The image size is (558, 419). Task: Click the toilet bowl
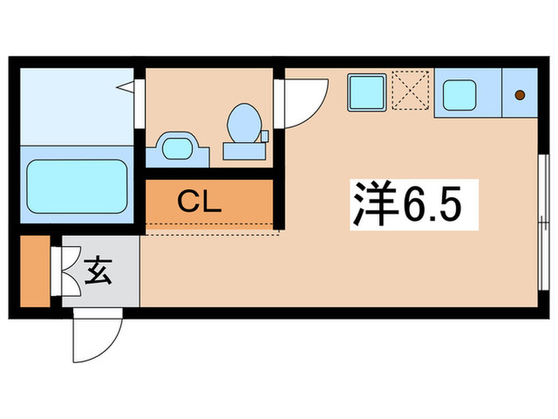coord(242,125)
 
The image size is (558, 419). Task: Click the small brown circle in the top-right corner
coord(520,96)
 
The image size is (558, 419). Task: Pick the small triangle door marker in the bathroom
coord(125,86)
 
